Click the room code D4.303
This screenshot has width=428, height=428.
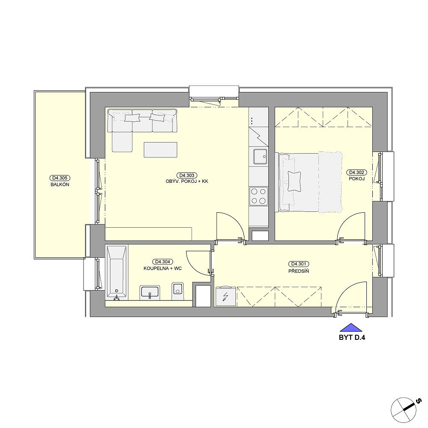(x=187, y=175)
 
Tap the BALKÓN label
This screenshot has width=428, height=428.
(x=60, y=184)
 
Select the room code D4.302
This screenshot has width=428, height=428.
(x=357, y=172)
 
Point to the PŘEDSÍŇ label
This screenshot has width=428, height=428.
(x=299, y=271)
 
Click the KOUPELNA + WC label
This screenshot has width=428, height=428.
(x=163, y=269)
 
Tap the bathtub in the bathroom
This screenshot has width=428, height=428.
(x=116, y=273)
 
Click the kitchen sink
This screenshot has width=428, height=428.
(x=260, y=156)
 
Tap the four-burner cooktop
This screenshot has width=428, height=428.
(x=258, y=196)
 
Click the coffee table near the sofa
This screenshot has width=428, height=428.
(x=160, y=149)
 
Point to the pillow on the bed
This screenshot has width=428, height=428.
(x=294, y=181)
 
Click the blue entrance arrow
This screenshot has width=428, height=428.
(x=351, y=327)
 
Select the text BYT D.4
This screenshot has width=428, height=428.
(x=352, y=337)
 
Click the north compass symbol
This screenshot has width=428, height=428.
(x=404, y=410)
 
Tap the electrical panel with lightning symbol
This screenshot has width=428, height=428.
(x=226, y=296)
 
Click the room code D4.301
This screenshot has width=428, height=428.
(x=299, y=264)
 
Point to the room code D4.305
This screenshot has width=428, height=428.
(x=60, y=178)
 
